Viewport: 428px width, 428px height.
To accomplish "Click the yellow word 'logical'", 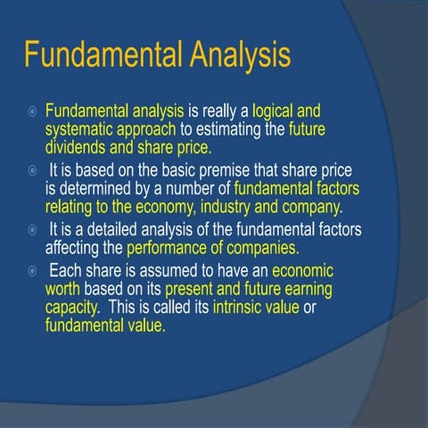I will pyautogui.click(x=276, y=112).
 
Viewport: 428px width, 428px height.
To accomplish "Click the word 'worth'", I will pyautogui.click(x=63, y=291).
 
